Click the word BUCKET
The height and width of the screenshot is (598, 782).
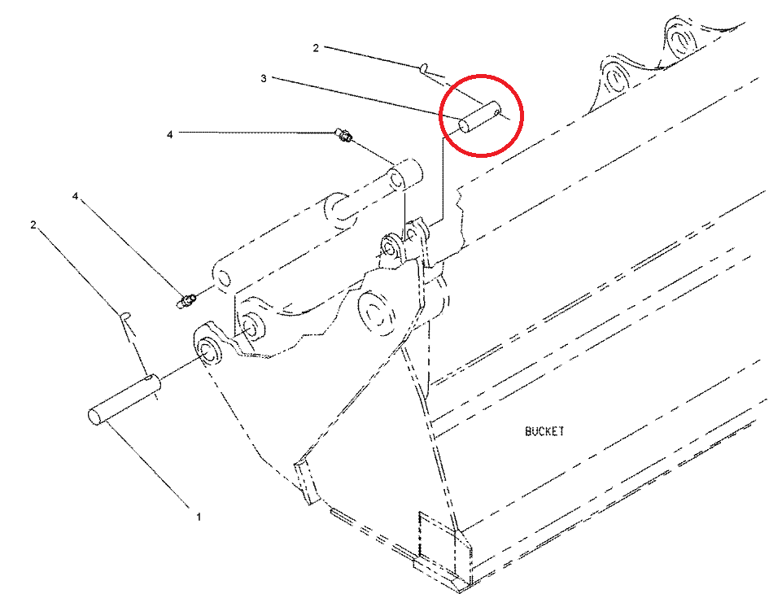[x=544, y=431]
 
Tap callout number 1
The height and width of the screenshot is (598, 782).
[x=198, y=516]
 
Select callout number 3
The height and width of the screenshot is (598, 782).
[x=263, y=78]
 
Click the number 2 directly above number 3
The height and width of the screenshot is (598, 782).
[x=316, y=48]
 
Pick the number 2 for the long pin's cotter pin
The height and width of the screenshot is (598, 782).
[x=33, y=224]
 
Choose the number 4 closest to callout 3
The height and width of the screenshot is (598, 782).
[x=169, y=134]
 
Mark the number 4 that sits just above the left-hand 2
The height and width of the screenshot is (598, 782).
[x=76, y=197]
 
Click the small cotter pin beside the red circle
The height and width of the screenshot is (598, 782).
[x=425, y=71]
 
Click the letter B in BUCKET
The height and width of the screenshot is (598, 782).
[x=528, y=431]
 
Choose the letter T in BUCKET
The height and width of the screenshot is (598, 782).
[x=561, y=431]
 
